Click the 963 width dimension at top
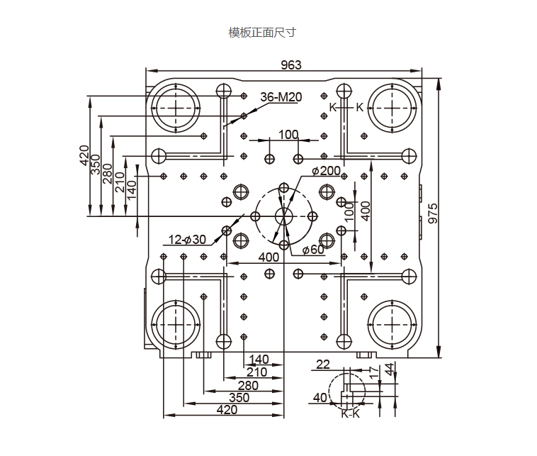pos(290,65)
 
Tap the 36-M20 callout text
pos(281,97)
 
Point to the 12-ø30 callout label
pos(187,239)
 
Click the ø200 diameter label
pos(326,171)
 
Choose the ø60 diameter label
pos(312,250)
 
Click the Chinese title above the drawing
pos(261,33)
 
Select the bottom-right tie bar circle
pos(393,325)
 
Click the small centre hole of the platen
pos(284,216)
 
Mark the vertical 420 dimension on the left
pos(84,154)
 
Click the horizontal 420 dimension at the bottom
pos(227,409)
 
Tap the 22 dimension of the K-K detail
pos(323,365)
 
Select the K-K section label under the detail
pos(350,413)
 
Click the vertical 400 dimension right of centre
pos(366,211)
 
